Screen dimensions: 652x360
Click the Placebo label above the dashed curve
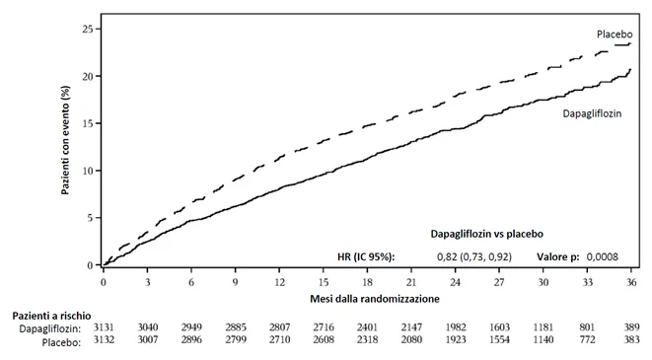[x=615, y=35]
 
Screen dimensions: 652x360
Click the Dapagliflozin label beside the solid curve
[x=592, y=113]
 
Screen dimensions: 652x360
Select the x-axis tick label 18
[x=367, y=282]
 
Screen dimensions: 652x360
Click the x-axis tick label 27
[x=499, y=282]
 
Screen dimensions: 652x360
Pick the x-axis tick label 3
[x=147, y=282]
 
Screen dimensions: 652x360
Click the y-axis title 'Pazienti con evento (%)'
[x=65, y=140]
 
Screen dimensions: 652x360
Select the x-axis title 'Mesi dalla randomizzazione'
[x=375, y=299]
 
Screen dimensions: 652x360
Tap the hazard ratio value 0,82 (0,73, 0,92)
[x=474, y=256]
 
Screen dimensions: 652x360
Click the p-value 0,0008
[x=602, y=256]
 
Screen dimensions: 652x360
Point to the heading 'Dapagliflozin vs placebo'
[x=486, y=234]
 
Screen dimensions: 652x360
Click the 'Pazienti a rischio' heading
[x=51, y=316]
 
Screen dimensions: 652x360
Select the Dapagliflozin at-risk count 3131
[x=104, y=327]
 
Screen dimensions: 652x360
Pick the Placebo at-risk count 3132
[x=104, y=340]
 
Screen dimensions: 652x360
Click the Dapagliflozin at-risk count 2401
[x=367, y=327]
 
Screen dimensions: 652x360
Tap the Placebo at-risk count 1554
[x=499, y=340]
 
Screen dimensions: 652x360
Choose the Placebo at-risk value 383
[x=631, y=340]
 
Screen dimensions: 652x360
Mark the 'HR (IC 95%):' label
[x=366, y=256]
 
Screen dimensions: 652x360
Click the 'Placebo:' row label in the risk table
[x=61, y=342]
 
